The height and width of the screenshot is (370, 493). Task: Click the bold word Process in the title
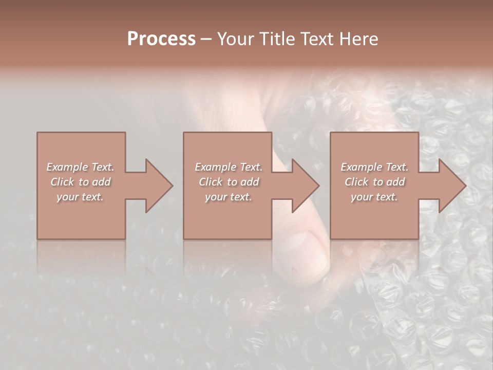(x=161, y=39)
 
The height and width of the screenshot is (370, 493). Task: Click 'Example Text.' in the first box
(x=81, y=167)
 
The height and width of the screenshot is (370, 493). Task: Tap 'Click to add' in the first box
(x=81, y=182)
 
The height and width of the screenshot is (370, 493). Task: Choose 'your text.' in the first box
(x=81, y=197)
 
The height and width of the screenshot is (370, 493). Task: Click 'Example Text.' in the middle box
(x=229, y=167)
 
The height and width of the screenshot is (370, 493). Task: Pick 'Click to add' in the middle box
(x=229, y=182)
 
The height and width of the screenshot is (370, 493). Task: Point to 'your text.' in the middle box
(x=229, y=197)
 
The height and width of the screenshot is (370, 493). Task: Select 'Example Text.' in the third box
(x=374, y=167)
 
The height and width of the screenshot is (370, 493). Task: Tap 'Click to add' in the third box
(x=374, y=182)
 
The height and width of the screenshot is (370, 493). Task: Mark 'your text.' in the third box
(x=374, y=197)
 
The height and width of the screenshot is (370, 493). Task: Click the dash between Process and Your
(x=206, y=40)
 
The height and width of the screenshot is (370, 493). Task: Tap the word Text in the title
(x=317, y=39)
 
